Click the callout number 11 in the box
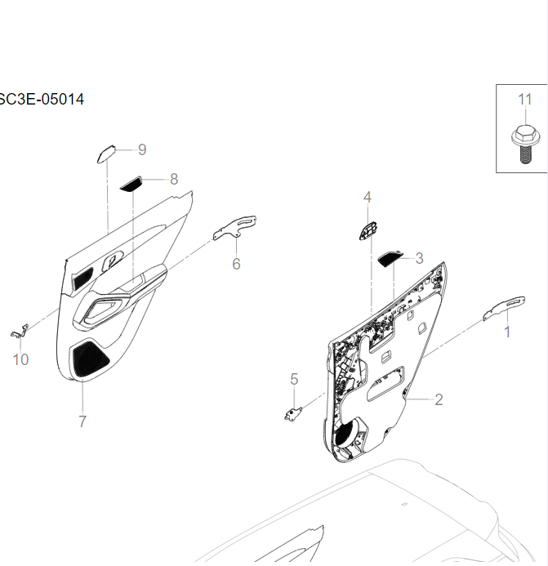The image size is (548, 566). [x=524, y=99]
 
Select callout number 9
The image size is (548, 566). [x=141, y=149]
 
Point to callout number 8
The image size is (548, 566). [x=173, y=179]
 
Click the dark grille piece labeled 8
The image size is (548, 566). [x=131, y=185]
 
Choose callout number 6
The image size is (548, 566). [x=236, y=264]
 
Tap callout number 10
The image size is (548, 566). [x=20, y=359]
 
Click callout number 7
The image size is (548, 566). [x=82, y=421]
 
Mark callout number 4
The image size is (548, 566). [x=368, y=197]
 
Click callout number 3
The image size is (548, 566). [x=419, y=258]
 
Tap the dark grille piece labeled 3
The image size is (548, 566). [x=390, y=259]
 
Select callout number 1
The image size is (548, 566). [x=506, y=332]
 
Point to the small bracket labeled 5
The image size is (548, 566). [x=292, y=414]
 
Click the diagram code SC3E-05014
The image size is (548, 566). [x=42, y=100]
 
